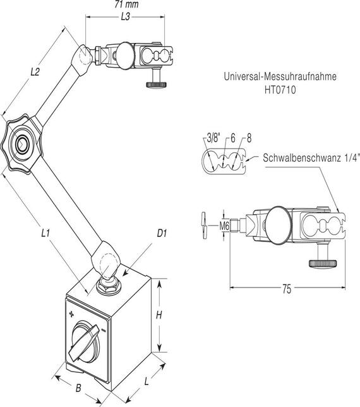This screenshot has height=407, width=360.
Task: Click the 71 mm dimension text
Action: pos(127,4)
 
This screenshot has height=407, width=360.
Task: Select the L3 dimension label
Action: pos(125,18)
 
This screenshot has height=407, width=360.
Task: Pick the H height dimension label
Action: pos(160,315)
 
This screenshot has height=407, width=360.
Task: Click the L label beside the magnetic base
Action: pos(147,382)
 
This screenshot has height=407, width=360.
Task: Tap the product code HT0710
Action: pos(279,90)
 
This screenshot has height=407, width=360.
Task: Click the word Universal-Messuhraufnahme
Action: pos(279,77)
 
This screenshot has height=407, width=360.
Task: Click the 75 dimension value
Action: pos(286,289)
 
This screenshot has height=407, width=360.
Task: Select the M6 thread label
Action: pos(224,224)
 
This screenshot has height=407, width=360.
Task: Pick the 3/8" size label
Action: pos(212,138)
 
